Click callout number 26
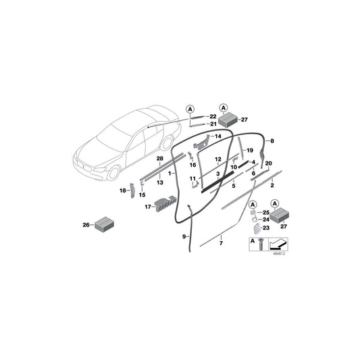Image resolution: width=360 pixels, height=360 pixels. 84,225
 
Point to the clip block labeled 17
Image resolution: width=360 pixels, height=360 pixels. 163,203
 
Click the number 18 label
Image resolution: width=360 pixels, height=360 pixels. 122,192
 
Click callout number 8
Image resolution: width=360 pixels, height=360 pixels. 272,141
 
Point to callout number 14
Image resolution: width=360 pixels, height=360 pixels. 217,137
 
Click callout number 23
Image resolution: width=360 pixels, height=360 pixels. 265,228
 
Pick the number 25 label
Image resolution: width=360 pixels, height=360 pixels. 266,213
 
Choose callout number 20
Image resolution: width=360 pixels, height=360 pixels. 269,164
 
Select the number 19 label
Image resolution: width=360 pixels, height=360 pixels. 249,150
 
